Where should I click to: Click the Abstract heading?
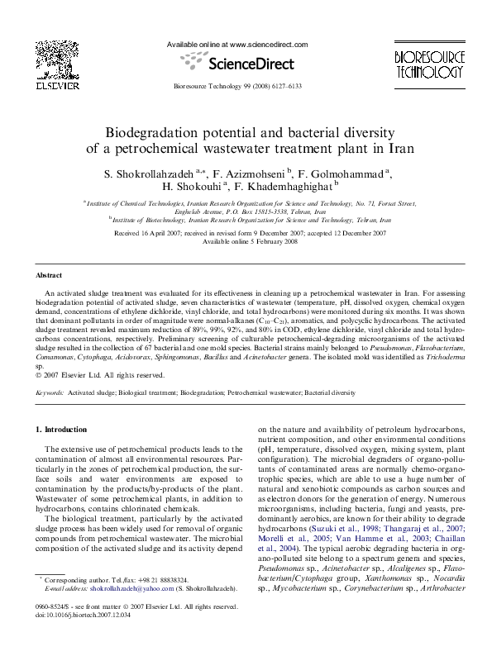coord(50,274)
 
